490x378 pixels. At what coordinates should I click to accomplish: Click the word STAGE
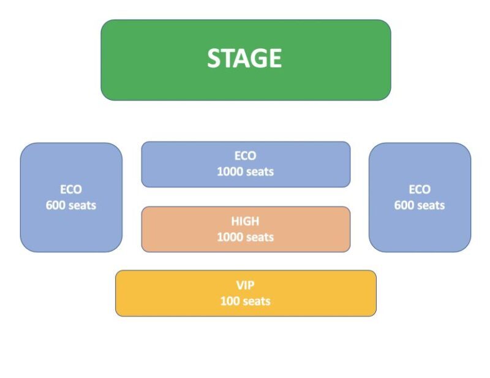pyautogui.click(x=244, y=58)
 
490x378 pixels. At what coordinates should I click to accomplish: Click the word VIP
pyautogui.click(x=245, y=285)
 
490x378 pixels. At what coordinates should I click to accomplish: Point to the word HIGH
pyautogui.click(x=245, y=221)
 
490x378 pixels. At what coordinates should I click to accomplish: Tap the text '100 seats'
pyautogui.click(x=245, y=301)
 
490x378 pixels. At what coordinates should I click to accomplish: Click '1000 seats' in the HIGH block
pyautogui.click(x=245, y=237)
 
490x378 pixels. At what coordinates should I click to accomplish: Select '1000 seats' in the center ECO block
pyautogui.click(x=245, y=172)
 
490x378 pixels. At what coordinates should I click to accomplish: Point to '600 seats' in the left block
pyautogui.click(x=71, y=205)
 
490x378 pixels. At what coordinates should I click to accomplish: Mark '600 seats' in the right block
pyautogui.click(x=420, y=205)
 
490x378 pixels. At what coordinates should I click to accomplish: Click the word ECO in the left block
pyautogui.click(x=71, y=189)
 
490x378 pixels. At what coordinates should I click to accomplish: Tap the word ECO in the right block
pyautogui.click(x=420, y=189)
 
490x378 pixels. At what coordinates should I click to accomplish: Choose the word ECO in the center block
pyautogui.click(x=245, y=156)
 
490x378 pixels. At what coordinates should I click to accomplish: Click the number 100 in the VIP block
pyautogui.click(x=230, y=301)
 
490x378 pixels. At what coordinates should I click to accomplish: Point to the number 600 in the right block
pyautogui.click(x=404, y=205)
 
